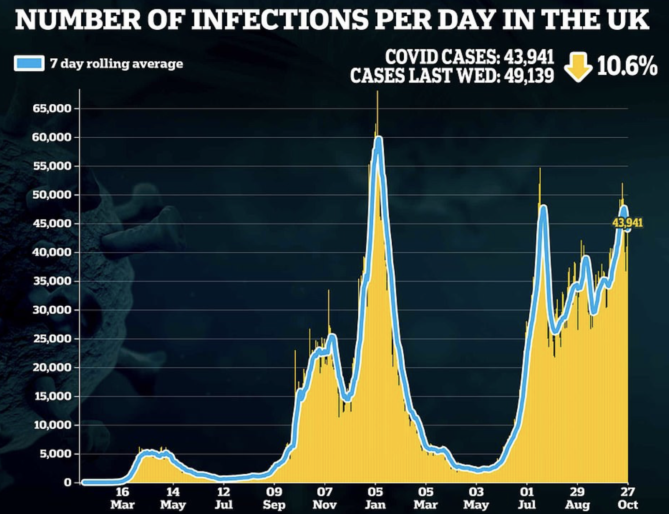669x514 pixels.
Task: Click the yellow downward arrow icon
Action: [x=578, y=67]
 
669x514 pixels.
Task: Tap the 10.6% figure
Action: [x=627, y=67]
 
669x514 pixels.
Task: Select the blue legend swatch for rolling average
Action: [x=29, y=63]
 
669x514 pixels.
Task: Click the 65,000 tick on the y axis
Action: [x=52, y=109]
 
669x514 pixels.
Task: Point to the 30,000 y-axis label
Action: [x=52, y=310]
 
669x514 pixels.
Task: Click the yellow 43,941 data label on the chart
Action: [x=627, y=223]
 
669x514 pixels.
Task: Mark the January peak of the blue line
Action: [x=378, y=139]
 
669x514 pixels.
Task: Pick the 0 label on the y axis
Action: [x=67, y=483]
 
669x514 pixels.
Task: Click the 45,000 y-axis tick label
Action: [x=52, y=224]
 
